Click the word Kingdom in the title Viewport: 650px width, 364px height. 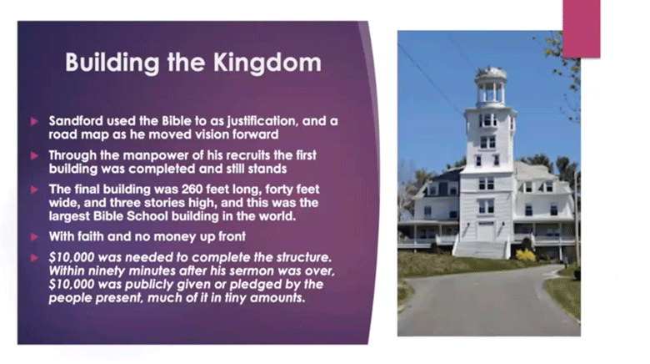point(267,63)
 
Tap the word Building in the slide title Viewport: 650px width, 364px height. point(112,63)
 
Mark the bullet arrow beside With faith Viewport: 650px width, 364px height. point(34,237)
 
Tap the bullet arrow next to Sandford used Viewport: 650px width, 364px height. point(34,121)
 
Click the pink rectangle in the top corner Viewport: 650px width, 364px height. point(581,28)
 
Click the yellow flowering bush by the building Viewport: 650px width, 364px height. point(526,255)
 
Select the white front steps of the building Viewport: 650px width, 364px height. point(481,250)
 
